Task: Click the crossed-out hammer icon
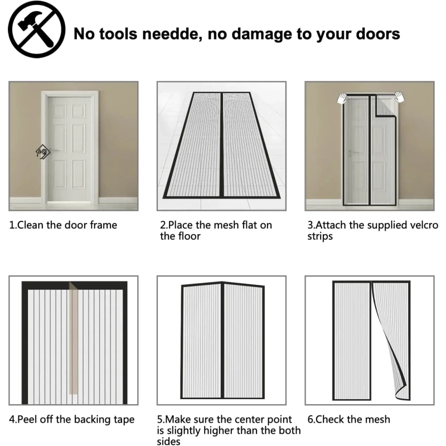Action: [x=36, y=30]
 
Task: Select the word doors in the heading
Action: [x=378, y=34]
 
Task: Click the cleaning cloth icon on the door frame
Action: [x=43, y=152]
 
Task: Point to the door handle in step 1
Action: [x=55, y=151]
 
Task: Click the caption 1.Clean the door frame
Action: [x=63, y=225]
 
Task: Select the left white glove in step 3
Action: [x=342, y=98]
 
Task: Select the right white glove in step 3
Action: [x=399, y=97]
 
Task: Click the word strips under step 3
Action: [x=319, y=236]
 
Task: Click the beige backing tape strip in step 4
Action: [x=74, y=338]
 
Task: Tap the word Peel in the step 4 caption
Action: [x=27, y=419]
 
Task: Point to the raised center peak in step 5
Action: [x=222, y=283]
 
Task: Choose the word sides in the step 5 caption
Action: [x=168, y=442]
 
